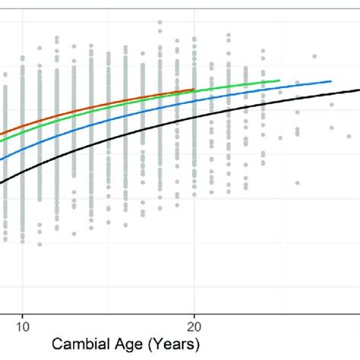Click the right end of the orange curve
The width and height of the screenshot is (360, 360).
point(194,89)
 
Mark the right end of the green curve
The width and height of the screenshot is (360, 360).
point(280,80)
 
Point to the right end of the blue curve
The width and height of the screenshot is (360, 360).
point(332,81)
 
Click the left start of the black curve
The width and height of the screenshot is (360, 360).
point(2,182)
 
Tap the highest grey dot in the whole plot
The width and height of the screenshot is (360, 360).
point(159,23)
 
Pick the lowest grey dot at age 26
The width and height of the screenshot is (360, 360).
point(298,182)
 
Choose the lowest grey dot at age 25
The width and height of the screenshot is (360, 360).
point(280,137)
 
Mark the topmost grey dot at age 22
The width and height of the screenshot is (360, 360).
point(229,35)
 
